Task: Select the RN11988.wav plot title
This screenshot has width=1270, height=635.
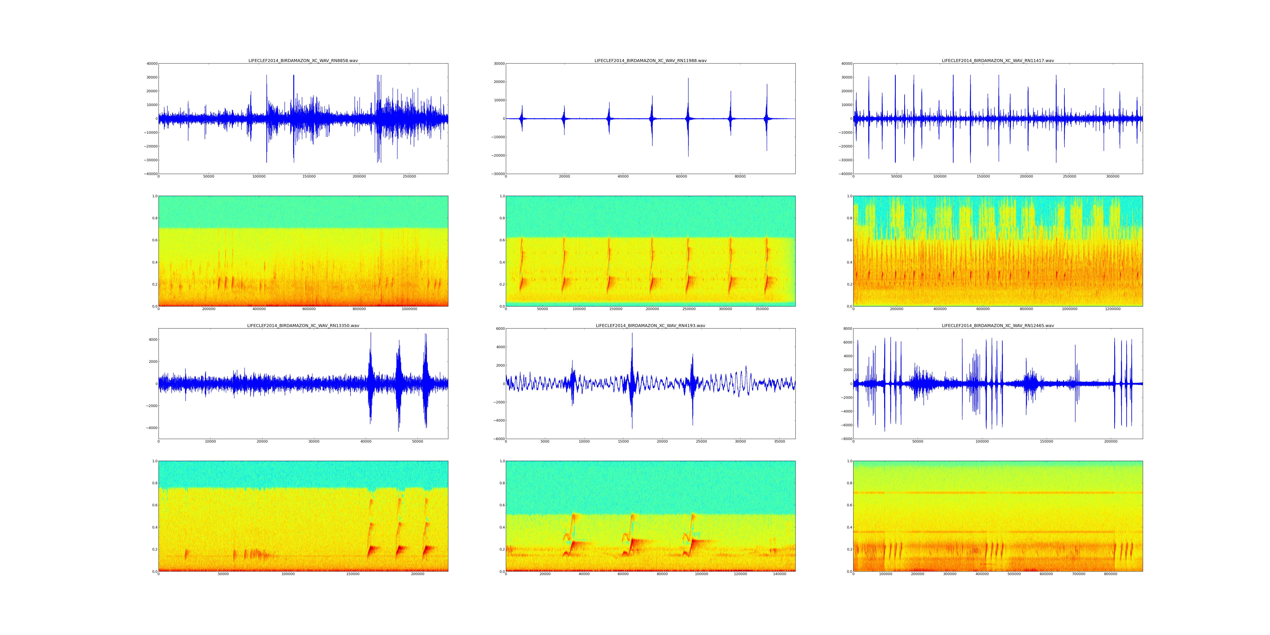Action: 650,61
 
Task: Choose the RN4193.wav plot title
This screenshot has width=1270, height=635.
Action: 650,326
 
